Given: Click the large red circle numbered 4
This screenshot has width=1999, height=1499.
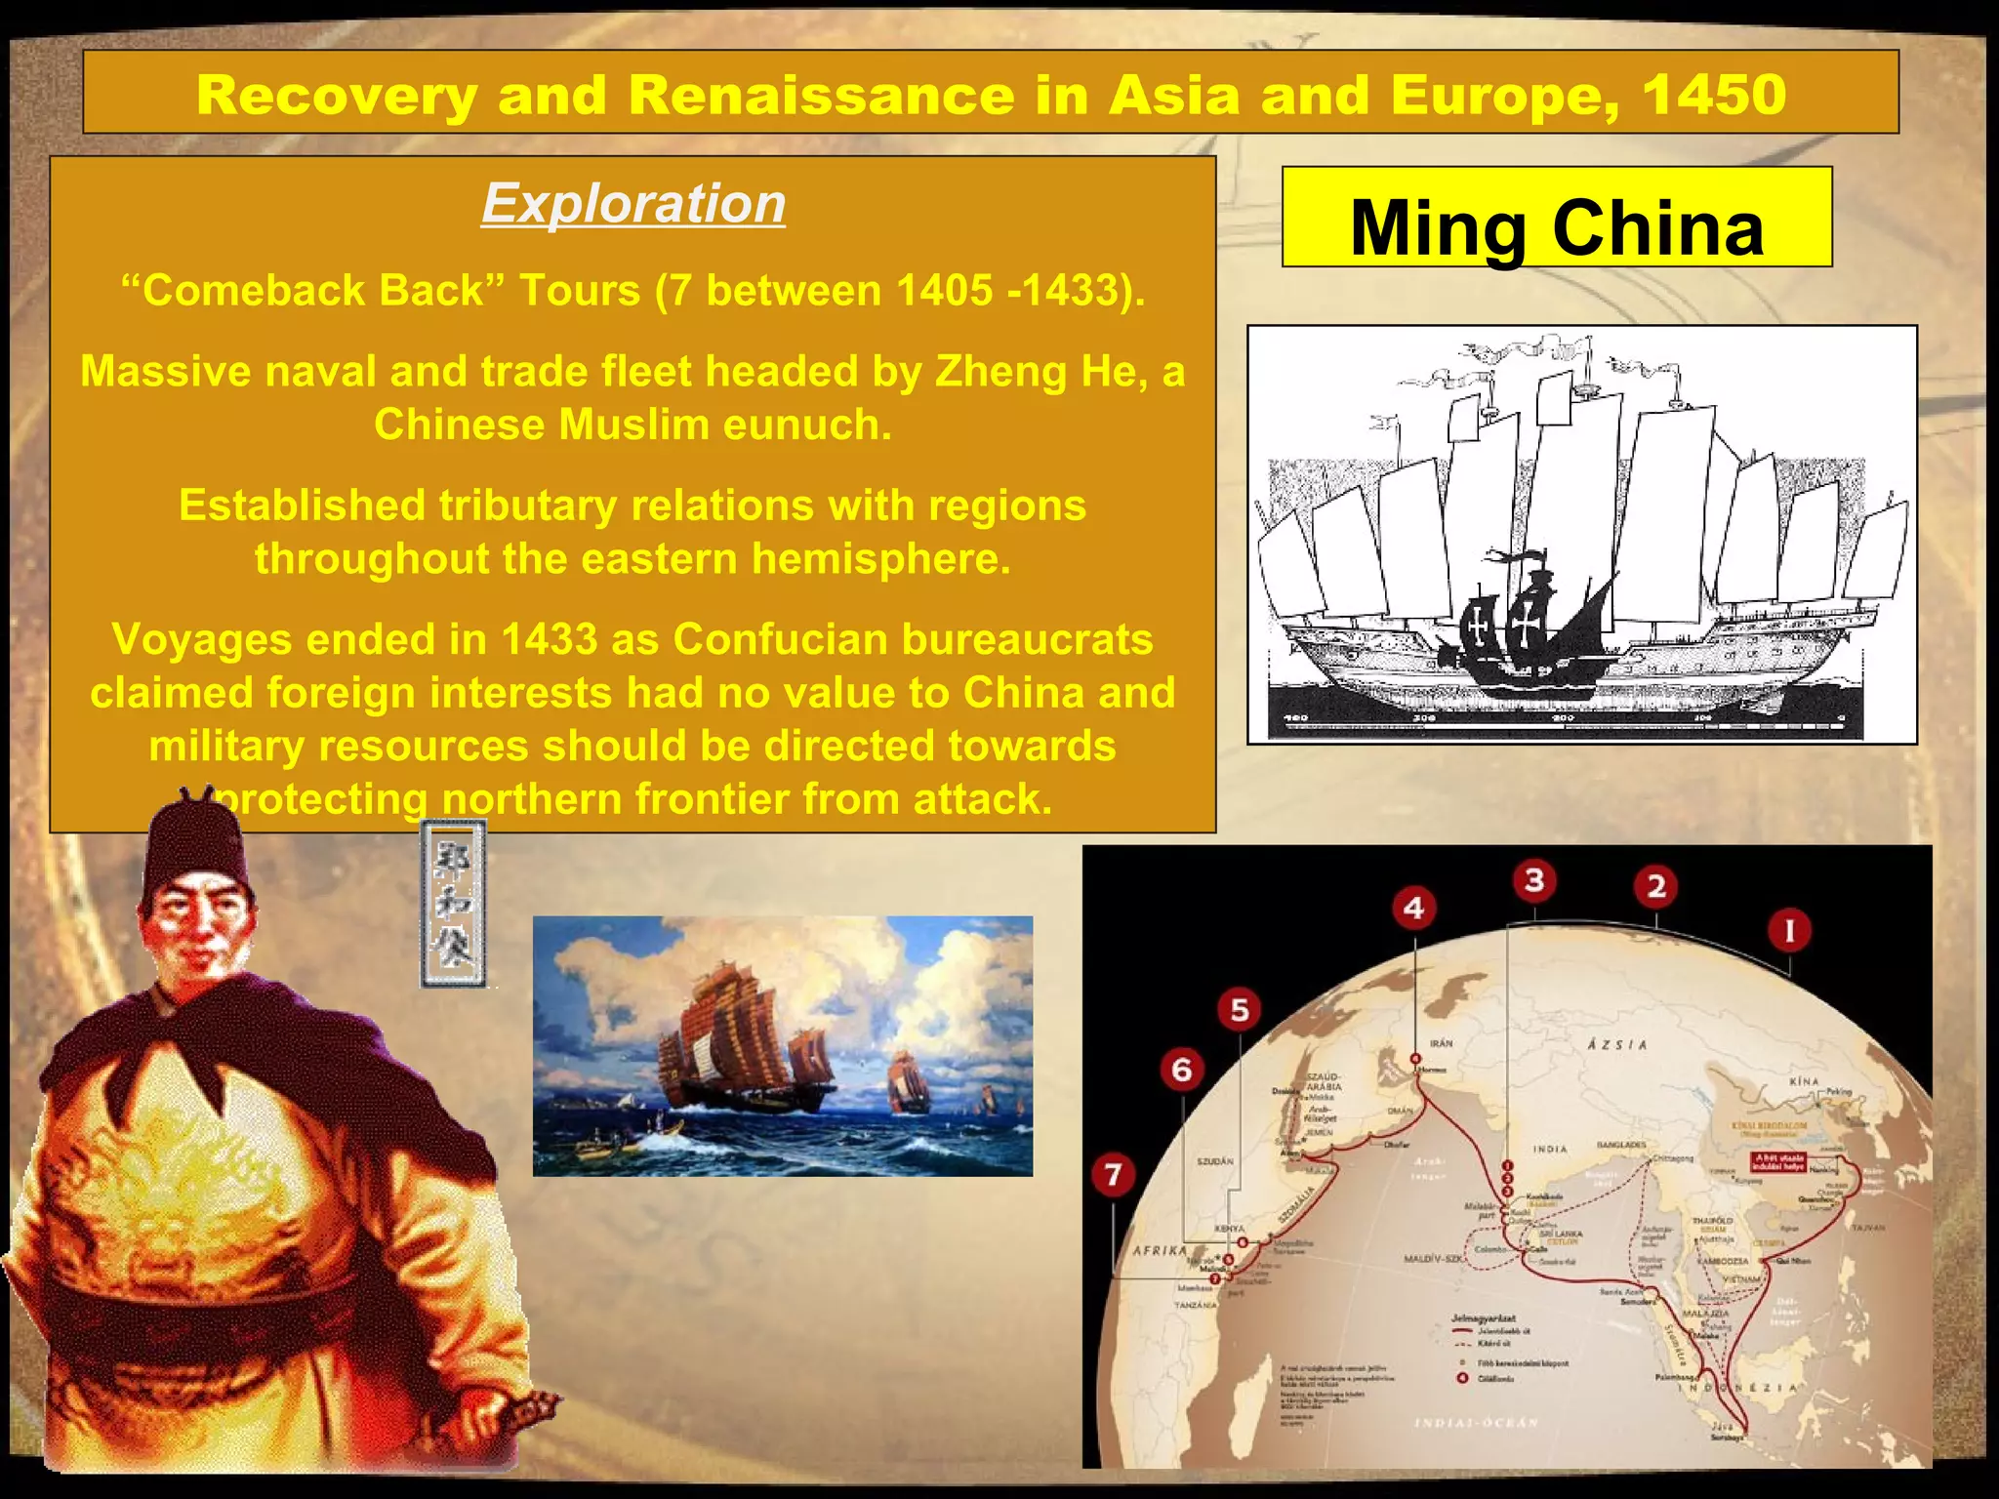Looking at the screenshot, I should (1414, 909).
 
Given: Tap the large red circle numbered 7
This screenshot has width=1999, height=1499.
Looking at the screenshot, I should (1113, 1174).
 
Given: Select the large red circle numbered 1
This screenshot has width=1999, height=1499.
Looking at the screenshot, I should (1789, 930).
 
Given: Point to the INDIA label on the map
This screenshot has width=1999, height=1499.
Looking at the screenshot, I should (1549, 1149).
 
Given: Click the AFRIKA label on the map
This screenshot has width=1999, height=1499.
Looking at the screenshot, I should (1159, 1250).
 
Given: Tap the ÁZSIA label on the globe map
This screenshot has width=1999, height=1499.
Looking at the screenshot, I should (1617, 1044).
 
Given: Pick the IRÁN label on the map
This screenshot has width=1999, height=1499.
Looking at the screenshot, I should (1442, 1043).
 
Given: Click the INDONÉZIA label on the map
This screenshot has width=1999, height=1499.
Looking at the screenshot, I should (1747, 1388).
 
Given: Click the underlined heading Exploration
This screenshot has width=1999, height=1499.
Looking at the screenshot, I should (633, 204).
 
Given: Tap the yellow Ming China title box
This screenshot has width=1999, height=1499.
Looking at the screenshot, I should (1557, 218).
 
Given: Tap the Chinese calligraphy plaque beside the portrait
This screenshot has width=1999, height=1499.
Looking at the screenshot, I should (453, 904).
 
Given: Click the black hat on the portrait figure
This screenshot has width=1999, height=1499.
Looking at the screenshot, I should (196, 849).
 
